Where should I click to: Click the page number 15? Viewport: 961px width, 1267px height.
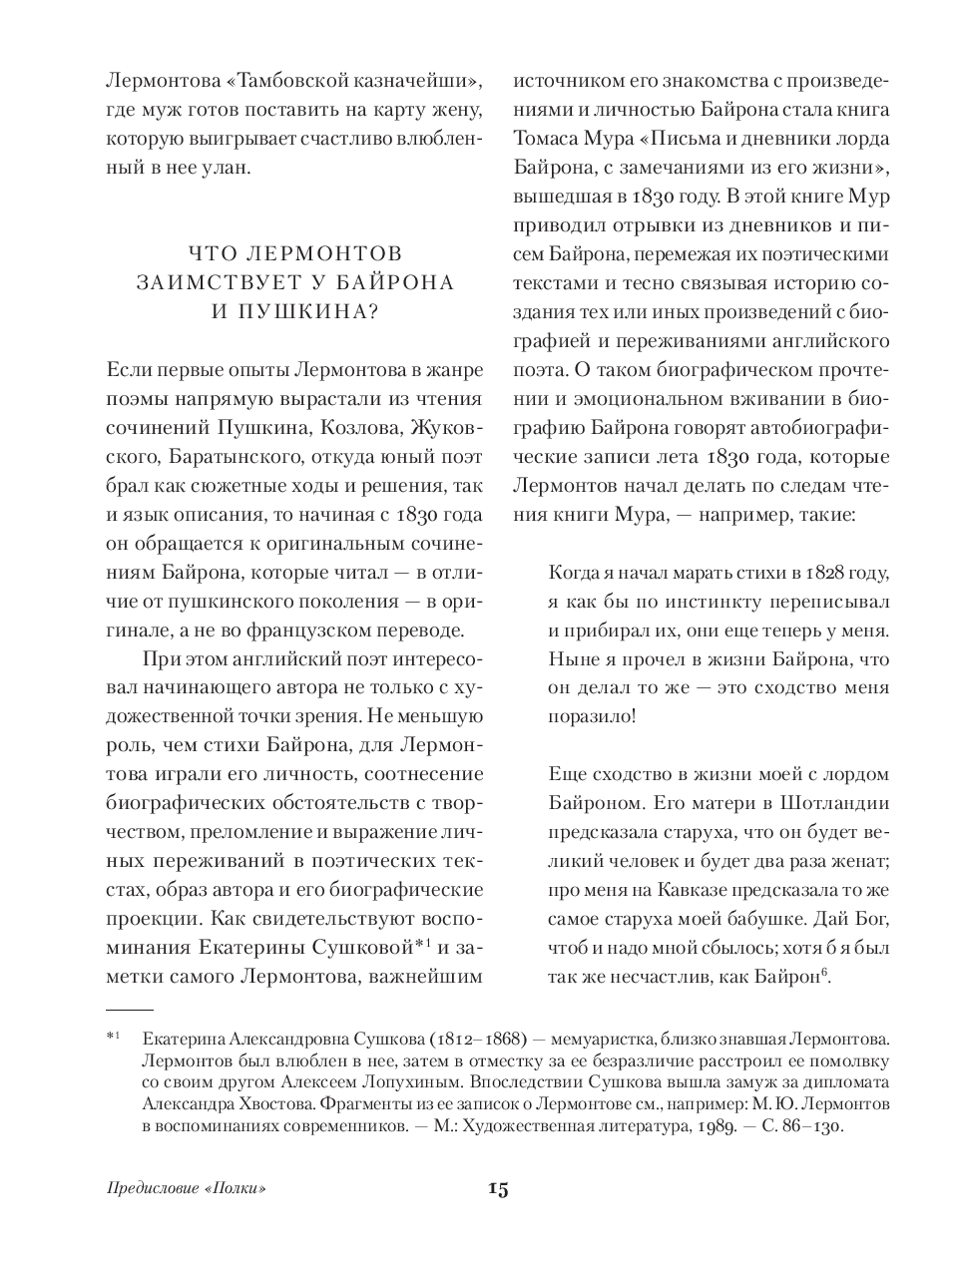click(498, 1188)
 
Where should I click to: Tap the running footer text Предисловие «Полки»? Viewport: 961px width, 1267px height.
click(190, 1189)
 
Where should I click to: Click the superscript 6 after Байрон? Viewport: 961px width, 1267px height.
click(827, 971)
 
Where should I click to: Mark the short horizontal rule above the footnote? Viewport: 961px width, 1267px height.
click(129, 1011)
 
